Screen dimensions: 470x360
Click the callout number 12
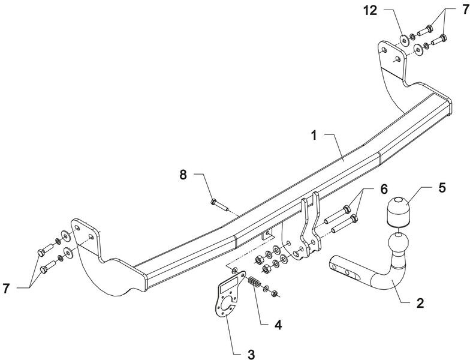370,11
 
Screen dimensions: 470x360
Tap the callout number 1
314,136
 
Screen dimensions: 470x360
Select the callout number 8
183,175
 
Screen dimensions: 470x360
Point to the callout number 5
442,187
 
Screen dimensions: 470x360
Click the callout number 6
384,190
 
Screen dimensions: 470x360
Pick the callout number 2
420,304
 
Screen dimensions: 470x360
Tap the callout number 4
278,325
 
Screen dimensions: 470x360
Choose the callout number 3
251,354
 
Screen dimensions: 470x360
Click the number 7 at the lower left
6,289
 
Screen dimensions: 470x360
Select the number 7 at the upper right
465,10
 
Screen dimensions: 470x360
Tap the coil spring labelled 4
254,282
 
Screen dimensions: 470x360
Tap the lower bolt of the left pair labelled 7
48,268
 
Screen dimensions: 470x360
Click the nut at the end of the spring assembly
273,293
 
